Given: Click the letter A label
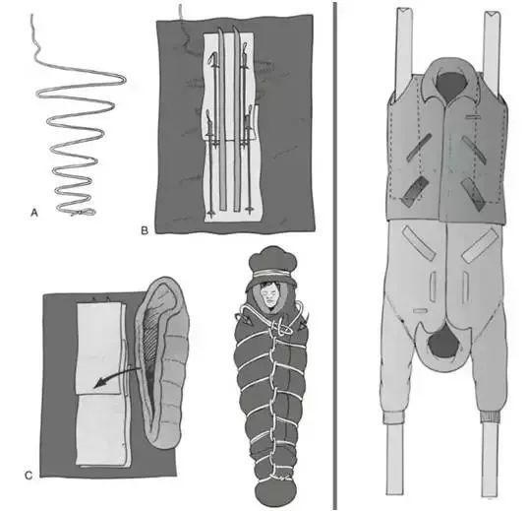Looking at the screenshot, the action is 34,213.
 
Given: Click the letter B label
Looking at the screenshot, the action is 145,230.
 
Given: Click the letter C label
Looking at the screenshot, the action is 29,476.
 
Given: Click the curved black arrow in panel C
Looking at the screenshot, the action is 117,377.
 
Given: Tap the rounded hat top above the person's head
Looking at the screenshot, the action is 272,259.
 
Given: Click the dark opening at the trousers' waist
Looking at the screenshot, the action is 443,345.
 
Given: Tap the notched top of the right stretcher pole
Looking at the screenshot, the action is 492,14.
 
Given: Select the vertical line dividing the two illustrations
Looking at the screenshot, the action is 334,256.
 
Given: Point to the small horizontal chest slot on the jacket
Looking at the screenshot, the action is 473,116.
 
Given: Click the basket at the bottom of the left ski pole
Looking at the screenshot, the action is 211,213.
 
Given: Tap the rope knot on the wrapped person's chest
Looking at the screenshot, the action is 281,327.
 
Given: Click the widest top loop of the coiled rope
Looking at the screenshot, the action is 81,81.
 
